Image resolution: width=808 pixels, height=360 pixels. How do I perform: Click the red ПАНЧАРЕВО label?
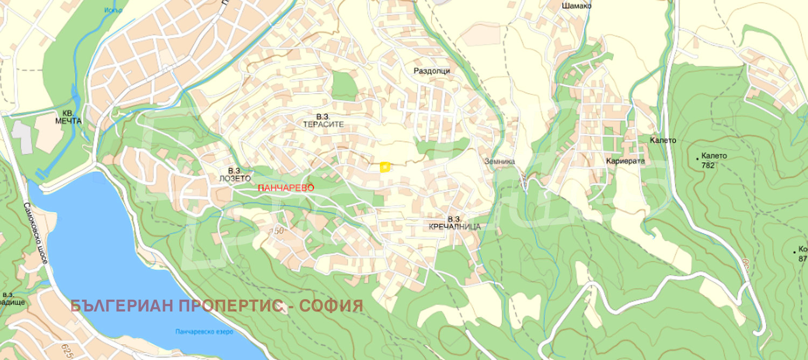[x=285, y=188]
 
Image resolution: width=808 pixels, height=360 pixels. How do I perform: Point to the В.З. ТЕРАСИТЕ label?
[x=323, y=120]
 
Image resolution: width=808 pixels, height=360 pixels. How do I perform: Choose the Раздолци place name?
[x=431, y=71]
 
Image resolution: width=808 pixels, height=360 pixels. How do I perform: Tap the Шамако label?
[x=576, y=6]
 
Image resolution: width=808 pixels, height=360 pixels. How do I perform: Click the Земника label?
[x=499, y=161]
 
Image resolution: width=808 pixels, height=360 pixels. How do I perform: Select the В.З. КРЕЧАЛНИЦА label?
[x=455, y=223]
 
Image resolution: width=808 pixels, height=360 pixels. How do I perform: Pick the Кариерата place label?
[x=625, y=161]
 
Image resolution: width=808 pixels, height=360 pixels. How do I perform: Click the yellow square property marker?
[x=385, y=167]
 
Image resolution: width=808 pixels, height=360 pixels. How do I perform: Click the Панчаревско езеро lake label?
[x=204, y=331]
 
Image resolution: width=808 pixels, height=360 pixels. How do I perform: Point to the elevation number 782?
[x=708, y=165]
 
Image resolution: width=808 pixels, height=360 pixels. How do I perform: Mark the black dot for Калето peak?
[x=698, y=158]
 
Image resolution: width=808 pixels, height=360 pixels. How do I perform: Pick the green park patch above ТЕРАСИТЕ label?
[x=345, y=86]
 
